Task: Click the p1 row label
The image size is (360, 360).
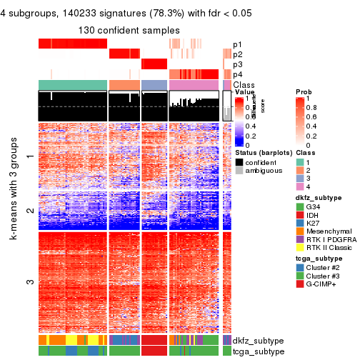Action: pyautogui.click(x=237, y=44)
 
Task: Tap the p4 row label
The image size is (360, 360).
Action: pyautogui.click(x=237, y=75)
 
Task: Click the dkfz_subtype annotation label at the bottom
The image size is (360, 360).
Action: pyautogui.click(x=256, y=341)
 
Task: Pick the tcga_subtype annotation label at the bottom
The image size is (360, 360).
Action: pyautogui.click(x=255, y=351)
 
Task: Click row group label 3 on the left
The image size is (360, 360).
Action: pyautogui.click(x=29, y=282)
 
